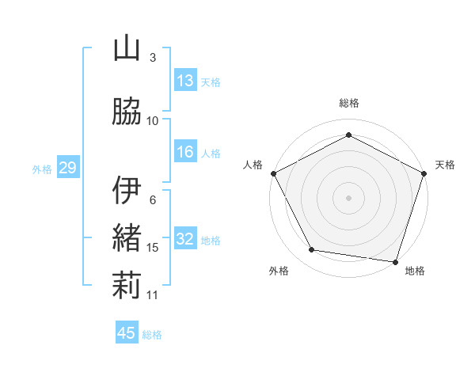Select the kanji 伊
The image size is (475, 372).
127,192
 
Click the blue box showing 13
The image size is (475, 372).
185,81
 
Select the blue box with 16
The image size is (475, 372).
185,152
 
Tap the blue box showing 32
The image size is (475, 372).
185,239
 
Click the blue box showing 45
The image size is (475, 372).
127,333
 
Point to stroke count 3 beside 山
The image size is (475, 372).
153,58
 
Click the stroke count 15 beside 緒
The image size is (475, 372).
153,248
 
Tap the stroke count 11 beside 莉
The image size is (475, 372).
153,295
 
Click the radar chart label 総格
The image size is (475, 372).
348,103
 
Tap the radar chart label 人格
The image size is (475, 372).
253,165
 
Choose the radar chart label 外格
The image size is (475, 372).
279,271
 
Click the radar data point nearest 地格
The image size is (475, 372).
396,261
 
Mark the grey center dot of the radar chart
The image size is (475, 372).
348,197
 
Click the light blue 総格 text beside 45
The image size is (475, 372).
152,335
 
